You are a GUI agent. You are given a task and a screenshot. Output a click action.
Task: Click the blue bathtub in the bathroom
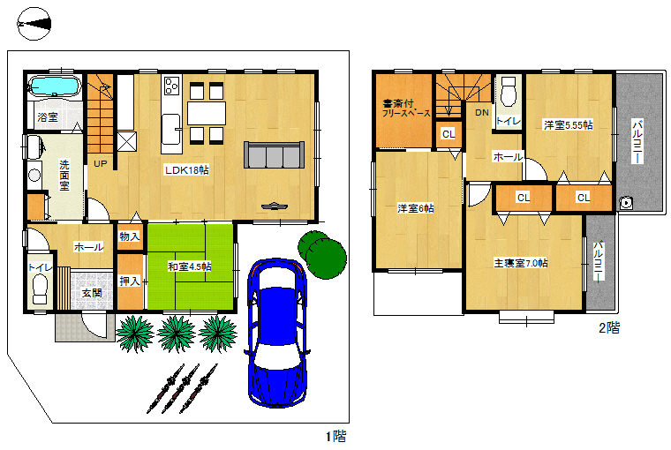55,86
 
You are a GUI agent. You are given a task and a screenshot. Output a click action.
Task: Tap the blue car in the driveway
277,333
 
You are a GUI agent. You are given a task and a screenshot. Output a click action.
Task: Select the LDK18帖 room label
187,170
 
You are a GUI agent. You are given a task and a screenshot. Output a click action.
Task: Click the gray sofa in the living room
275,154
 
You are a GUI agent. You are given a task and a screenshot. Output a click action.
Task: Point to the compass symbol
34,24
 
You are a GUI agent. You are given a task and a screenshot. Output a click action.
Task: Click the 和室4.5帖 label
190,266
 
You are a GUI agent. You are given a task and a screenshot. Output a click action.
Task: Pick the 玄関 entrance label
92,293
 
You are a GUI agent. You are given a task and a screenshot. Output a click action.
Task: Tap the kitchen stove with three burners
172,85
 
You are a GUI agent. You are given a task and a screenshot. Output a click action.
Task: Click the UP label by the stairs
100,163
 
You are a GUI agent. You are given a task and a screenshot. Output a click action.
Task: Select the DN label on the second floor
482,113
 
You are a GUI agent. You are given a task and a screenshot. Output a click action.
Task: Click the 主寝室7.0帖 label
521,263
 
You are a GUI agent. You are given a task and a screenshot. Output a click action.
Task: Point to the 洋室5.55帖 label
569,125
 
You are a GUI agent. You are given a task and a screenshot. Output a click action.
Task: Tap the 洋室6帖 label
416,208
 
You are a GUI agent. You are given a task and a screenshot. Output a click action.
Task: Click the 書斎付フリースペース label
405,109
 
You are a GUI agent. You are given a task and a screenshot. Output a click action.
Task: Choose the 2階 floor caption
609,328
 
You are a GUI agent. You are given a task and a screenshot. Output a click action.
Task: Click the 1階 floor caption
335,436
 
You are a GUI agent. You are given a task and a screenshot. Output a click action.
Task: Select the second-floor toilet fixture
509,91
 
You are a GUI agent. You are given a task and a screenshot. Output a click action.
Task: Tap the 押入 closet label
130,281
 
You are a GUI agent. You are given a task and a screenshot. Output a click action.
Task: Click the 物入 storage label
130,236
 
